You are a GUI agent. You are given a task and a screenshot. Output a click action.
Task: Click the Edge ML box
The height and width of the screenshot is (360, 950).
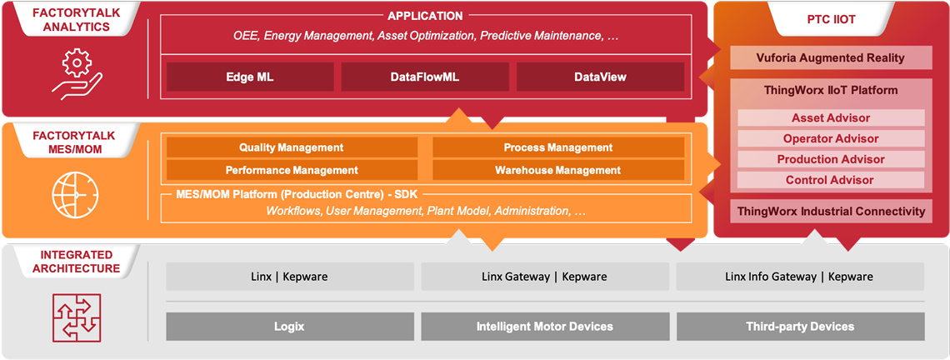(249, 77)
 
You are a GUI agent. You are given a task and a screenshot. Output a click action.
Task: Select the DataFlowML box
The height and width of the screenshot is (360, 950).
(424, 77)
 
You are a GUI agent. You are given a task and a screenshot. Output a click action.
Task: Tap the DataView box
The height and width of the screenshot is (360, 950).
(600, 77)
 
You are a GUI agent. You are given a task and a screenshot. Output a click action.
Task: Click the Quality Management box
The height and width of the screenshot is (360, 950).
(292, 147)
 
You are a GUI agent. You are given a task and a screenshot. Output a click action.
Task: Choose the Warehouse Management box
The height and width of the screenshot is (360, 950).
(557, 170)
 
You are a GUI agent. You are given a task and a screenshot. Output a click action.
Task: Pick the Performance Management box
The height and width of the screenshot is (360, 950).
(292, 170)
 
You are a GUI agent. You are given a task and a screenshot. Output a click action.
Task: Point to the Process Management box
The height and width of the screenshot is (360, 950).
(557, 147)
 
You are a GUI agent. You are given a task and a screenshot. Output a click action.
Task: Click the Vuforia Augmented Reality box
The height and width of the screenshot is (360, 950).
(830, 57)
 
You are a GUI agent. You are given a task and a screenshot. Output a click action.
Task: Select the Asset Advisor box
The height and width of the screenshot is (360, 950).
(830, 118)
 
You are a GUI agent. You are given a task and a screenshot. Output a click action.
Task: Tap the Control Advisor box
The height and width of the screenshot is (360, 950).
(830, 180)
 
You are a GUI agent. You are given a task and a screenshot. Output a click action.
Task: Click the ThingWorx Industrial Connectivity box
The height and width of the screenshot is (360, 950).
(830, 211)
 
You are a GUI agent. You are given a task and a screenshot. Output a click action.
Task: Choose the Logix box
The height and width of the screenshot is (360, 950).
(289, 327)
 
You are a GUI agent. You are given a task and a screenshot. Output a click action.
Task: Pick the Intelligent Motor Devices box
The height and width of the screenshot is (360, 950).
(544, 327)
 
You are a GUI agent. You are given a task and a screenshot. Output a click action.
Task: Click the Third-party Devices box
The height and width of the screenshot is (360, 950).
(800, 327)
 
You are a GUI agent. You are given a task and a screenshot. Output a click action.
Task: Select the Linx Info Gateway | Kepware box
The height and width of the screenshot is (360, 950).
(800, 277)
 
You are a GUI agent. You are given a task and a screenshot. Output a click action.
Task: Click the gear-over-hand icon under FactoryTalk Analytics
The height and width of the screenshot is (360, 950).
(76, 72)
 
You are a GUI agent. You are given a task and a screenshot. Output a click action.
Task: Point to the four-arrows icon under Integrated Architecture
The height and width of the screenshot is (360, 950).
(76, 317)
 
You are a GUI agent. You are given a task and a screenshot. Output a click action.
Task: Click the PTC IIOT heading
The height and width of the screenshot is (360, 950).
(830, 19)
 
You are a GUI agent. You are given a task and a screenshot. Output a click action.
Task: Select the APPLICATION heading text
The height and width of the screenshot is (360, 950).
(425, 16)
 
